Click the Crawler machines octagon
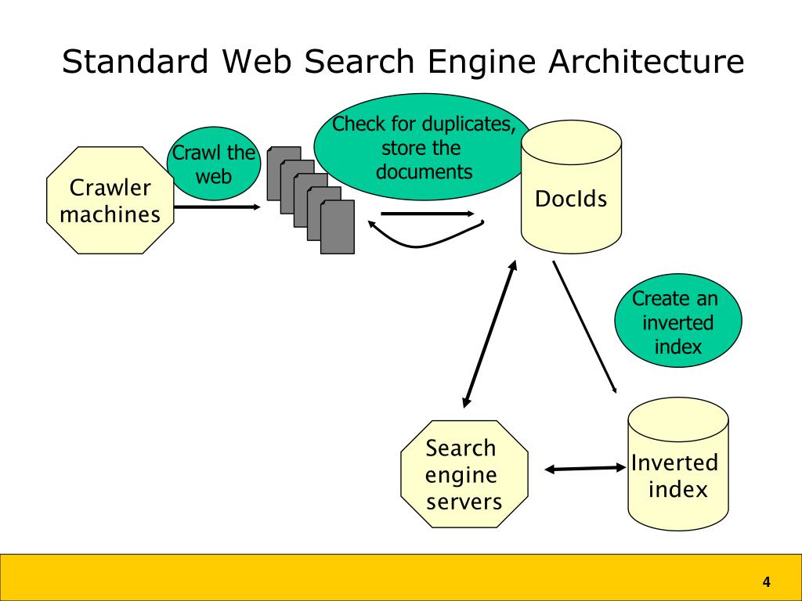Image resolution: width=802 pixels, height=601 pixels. point(110,200)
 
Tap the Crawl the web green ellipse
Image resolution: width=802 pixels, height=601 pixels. point(214,164)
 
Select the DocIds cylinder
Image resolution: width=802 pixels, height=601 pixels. point(571,186)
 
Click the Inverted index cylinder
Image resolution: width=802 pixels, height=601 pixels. point(677,464)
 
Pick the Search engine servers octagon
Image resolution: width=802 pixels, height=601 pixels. point(464,473)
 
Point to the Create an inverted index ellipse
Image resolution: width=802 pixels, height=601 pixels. point(677,320)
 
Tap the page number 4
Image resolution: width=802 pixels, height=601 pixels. point(766,581)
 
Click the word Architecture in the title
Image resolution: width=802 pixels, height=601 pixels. point(646,61)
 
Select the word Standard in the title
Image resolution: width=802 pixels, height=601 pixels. point(135,61)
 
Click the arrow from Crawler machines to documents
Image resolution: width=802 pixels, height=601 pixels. point(218,207)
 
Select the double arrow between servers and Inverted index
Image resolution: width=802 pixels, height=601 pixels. point(586,468)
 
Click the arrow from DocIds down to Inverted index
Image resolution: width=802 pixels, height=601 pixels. point(584,327)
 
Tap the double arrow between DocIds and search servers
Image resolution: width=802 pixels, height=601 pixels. point(490,333)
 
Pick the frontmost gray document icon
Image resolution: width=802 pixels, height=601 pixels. point(338,227)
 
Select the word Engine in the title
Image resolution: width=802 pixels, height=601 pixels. point(482,63)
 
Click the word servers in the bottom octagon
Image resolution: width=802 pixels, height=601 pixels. point(464,502)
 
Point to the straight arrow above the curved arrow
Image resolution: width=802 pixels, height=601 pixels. point(428,214)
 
